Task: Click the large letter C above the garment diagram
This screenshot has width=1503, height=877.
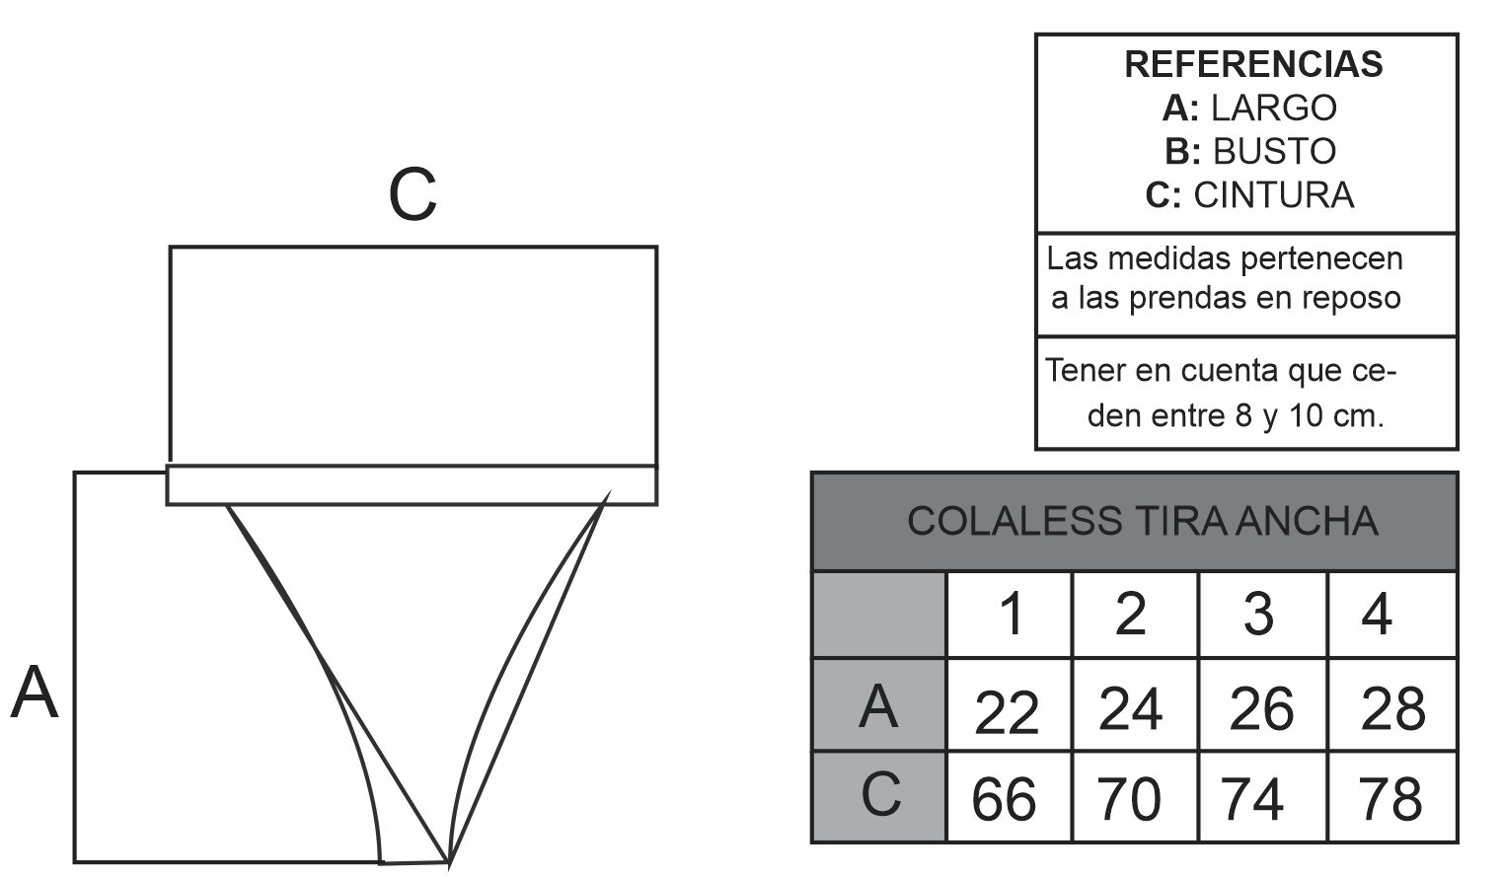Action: click(x=413, y=194)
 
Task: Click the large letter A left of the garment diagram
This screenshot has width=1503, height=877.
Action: click(x=35, y=693)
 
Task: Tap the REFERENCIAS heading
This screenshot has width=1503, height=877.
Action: click(x=1253, y=64)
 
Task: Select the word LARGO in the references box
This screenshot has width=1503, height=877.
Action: click(x=1273, y=108)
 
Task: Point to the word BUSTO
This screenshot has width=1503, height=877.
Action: click(x=1274, y=152)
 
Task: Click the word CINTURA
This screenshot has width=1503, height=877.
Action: click(x=1273, y=195)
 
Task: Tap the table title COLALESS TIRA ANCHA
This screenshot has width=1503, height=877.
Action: click(x=1143, y=521)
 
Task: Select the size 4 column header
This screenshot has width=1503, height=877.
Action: click(x=1392, y=615)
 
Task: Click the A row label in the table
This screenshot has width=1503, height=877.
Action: click(x=879, y=706)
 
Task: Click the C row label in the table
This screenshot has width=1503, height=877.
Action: click(x=879, y=796)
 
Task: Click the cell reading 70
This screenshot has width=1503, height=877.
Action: click(x=1135, y=796)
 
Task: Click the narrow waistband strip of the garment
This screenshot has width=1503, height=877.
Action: click(x=412, y=485)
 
